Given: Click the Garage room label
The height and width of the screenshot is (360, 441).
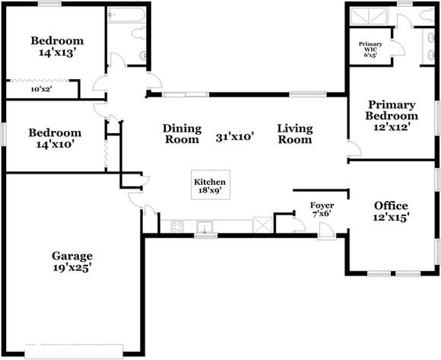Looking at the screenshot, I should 72,256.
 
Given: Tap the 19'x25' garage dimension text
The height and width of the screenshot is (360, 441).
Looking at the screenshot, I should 72,267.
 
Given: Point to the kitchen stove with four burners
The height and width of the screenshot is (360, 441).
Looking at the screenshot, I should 177,226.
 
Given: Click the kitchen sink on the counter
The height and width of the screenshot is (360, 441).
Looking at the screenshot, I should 204,226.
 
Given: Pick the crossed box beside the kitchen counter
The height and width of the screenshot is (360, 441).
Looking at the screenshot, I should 262,225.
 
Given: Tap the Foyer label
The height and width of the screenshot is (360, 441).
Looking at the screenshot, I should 322,205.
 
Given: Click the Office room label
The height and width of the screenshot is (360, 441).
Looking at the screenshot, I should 391,205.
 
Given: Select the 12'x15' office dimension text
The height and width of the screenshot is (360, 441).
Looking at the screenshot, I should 391,218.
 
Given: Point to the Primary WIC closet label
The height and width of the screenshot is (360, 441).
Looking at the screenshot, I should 371,49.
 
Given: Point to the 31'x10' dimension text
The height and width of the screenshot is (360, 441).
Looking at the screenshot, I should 234,137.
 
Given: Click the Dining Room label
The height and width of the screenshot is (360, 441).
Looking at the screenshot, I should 182,134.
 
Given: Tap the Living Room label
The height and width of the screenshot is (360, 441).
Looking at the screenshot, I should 295,134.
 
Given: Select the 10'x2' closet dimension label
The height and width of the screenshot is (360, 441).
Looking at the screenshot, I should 42,89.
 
